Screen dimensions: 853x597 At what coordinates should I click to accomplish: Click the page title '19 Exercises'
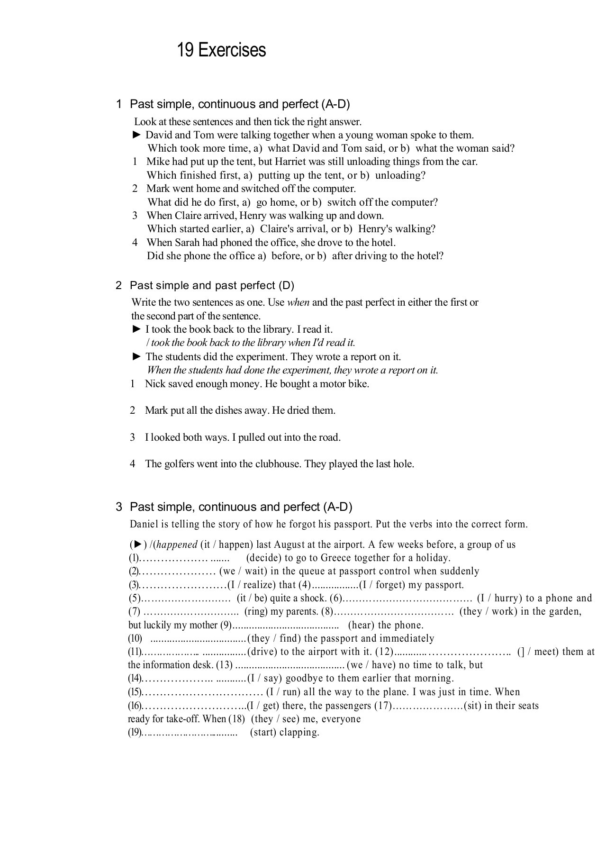coord(221,50)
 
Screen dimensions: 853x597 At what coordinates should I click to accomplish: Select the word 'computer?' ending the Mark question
coord(414,202)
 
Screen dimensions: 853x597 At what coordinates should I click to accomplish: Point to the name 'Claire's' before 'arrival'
coord(279,229)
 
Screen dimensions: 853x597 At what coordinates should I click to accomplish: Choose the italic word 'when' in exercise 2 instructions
coord(298,302)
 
